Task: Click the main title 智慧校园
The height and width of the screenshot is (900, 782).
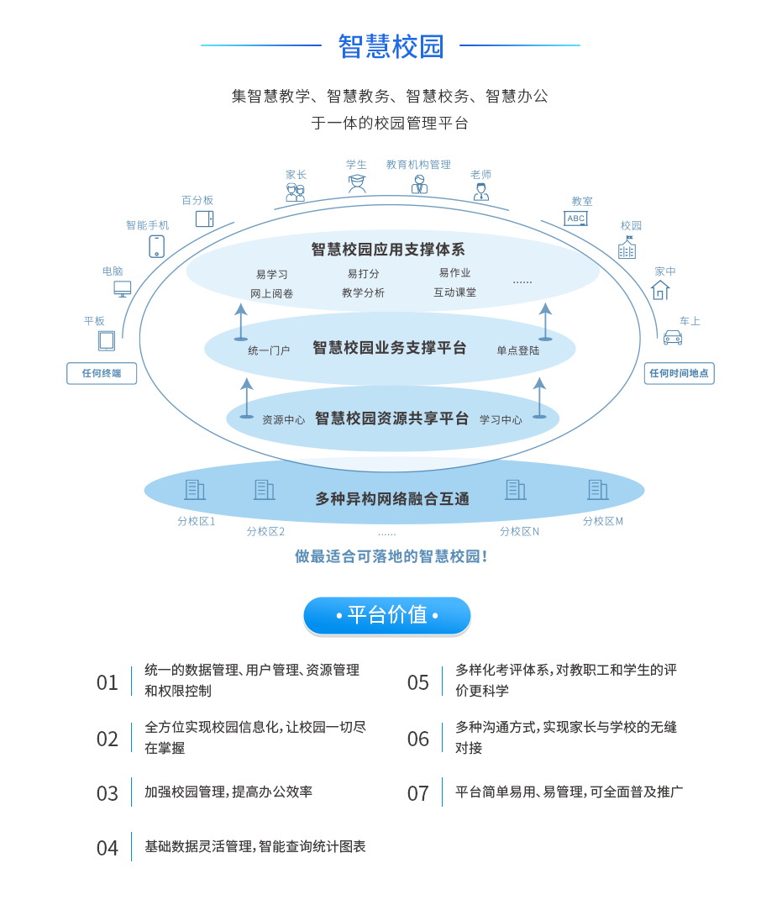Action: pyautogui.click(x=391, y=46)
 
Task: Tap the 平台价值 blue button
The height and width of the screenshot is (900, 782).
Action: pyautogui.click(x=387, y=615)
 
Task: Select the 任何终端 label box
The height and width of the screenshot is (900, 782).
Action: pyautogui.click(x=102, y=373)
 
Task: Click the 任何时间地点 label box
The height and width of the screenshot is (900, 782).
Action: pyautogui.click(x=679, y=373)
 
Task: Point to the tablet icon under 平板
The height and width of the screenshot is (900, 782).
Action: pyautogui.click(x=107, y=340)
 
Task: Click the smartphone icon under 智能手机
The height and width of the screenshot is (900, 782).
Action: pyautogui.click(x=156, y=246)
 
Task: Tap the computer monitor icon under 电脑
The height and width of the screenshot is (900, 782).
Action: pyautogui.click(x=123, y=289)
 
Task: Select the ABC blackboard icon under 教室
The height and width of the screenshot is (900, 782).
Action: pyautogui.click(x=575, y=218)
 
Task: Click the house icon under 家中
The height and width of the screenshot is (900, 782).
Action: pyautogui.click(x=660, y=290)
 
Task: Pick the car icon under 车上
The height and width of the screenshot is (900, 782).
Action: pyautogui.click(x=673, y=337)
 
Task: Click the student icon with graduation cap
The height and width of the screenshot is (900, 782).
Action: pyautogui.click(x=357, y=183)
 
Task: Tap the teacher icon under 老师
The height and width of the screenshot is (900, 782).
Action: pyautogui.click(x=480, y=192)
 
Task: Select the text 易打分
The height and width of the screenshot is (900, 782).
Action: pyautogui.click(x=364, y=274)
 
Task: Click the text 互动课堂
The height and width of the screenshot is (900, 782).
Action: pyautogui.click(x=454, y=292)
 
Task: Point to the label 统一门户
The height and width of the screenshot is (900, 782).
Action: pyautogui.click(x=269, y=350)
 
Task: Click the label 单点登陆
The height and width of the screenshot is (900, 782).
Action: pyautogui.click(x=517, y=350)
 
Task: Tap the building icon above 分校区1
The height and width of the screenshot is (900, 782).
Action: pyautogui.click(x=195, y=489)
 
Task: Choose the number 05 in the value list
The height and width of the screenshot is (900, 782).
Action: pyautogui.click(x=418, y=682)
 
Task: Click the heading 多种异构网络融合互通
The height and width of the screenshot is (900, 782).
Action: pyautogui.click(x=392, y=499)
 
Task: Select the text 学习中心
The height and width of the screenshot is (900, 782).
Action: pyautogui.click(x=501, y=420)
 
